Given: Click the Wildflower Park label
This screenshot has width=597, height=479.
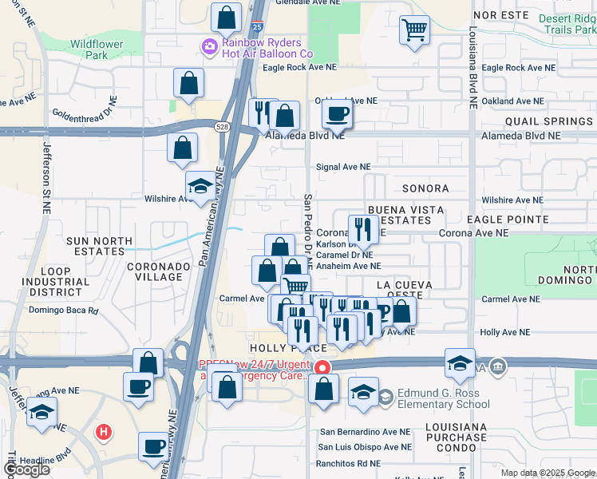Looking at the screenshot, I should click(x=89, y=49).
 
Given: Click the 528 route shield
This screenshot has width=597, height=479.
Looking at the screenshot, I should click(x=223, y=125).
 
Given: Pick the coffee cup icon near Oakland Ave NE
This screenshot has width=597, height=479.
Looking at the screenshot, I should click(x=338, y=115).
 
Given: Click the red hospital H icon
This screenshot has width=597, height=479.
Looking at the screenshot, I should click(x=102, y=433).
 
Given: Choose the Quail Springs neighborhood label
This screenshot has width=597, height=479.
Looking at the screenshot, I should click(x=548, y=121).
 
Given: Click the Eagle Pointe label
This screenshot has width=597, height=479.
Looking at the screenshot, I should click(x=507, y=219).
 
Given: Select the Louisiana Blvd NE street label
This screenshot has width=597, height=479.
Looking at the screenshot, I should click(x=472, y=68).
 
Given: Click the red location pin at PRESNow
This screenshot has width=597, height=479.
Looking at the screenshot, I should click(x=322, y=368).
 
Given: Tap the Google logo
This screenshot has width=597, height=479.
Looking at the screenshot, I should click(x=26, y=469).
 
